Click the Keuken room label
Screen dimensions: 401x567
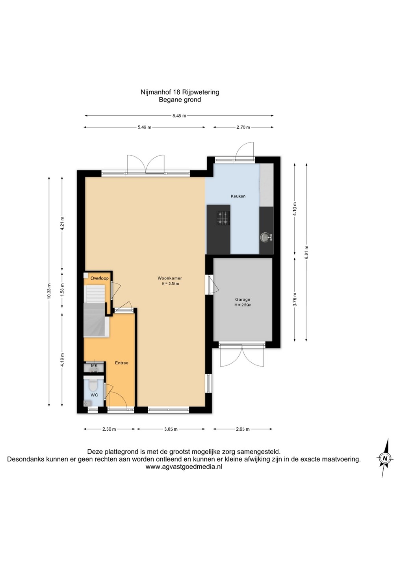(x=238, y=196)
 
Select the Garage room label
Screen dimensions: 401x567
(x=243, y=299)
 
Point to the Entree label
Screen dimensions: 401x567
(x=121, y=363)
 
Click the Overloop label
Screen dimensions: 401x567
(x=100, y=278)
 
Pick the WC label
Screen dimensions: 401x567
(x=94, y=395)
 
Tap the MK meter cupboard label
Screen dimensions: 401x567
(x=94, y=365)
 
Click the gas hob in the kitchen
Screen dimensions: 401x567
(x=223, y=218)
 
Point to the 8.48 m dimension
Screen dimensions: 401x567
(x=179, y=116)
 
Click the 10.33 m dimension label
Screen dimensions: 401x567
(x=49, y=291)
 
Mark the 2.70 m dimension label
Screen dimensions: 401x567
(x=243, y=127)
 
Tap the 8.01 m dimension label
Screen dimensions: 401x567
(x=306, y=252)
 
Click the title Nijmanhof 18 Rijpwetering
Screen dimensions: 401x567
(x=180, y=92)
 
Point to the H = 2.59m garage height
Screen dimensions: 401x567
(x=243, y=305)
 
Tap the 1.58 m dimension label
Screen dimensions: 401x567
(x=62, y=289)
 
